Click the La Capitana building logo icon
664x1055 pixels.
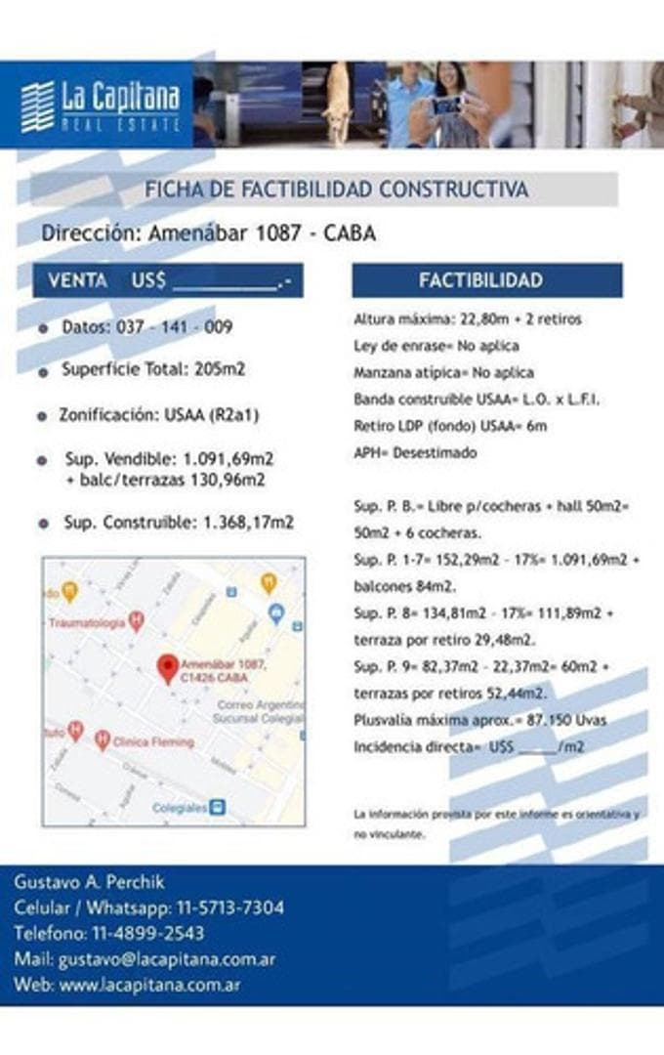point(37,106)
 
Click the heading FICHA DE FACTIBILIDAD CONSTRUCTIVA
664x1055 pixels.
point(337,190)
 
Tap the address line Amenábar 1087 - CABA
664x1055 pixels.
point(208,234)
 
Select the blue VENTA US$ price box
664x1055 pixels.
point(168,280)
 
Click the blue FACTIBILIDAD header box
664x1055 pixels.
point(486,280)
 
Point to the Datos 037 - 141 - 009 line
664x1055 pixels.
point(146,327)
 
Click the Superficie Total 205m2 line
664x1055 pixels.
point(153,370)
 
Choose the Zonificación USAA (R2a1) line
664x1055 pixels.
point(158,414)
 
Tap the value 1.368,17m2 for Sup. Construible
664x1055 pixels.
point(248,523)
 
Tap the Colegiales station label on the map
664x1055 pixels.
point(181,808)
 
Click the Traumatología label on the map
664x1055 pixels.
point(87,622)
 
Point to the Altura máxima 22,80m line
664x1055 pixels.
point(468,319)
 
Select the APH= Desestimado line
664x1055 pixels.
point(416,452)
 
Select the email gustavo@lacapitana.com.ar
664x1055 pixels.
point(174,959)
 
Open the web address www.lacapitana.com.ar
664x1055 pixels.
point(150,985)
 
